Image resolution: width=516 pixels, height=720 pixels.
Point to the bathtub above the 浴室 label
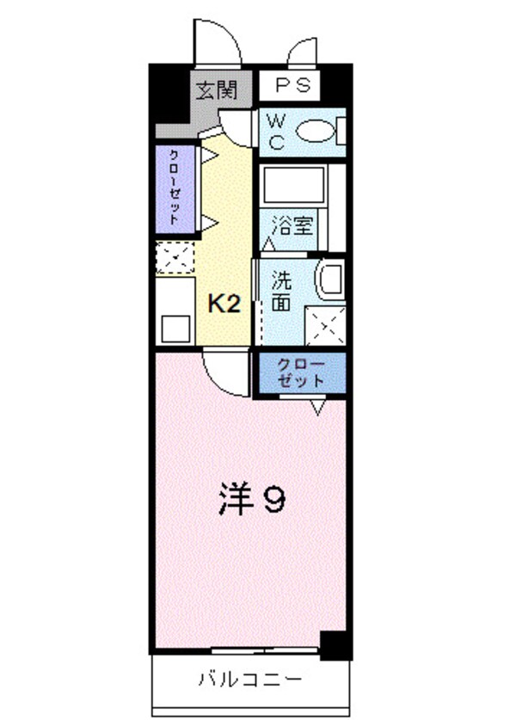[x=292, y=185]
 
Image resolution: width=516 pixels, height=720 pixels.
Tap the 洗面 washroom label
[x=282, y=292]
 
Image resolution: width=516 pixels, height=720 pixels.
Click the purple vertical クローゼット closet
[x=175, y=188]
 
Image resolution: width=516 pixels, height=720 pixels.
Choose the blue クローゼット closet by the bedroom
[x=301, y=372]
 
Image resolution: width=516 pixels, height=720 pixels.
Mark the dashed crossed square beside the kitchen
[x=175, y=258]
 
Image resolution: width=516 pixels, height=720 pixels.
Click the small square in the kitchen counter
[x=175, y=328]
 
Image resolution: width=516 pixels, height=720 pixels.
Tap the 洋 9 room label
[x=250, y=500]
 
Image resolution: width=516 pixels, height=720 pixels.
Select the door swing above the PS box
[x=306, y=51]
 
